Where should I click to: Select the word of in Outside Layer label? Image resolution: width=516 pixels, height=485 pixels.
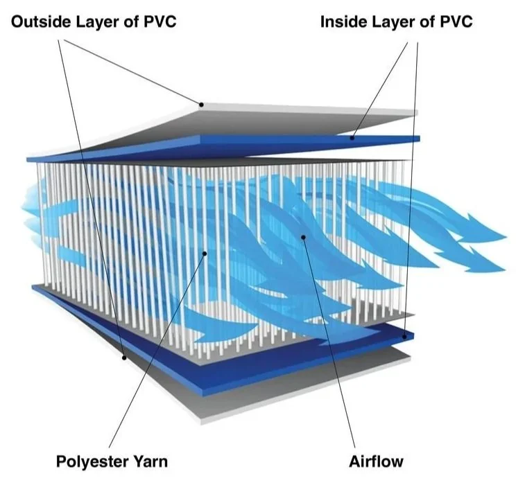pos(130,21)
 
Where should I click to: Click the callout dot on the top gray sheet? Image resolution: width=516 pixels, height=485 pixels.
pos(201,105)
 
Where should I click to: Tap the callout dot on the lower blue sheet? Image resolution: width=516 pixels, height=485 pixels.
pos(404,337)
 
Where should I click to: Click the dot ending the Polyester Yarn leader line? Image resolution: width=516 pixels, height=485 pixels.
pos(205,254)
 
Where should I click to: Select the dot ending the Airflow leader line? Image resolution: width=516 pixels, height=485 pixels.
pos(303,238)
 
